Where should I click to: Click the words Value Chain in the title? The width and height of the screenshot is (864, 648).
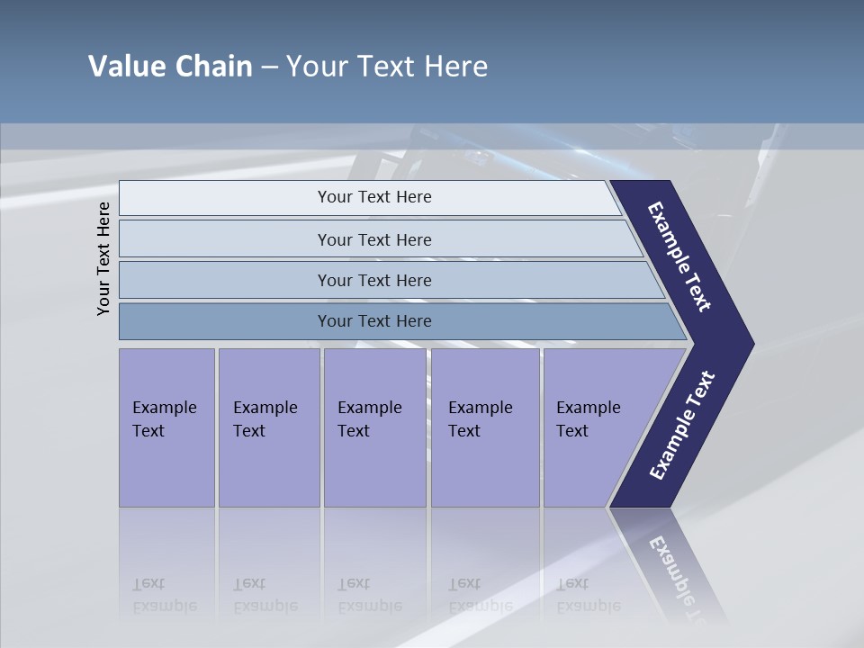[170, 67]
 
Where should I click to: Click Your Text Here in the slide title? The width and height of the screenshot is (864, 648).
[387, 67]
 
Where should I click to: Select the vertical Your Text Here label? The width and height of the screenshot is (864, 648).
[103, 258]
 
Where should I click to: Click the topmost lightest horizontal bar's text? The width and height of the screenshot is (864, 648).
[374, 197]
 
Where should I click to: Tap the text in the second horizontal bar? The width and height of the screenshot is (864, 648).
[374, 240]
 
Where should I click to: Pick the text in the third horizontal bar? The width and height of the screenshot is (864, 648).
[374, 281]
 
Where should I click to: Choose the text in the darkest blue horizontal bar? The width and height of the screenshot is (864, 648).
[374, 321]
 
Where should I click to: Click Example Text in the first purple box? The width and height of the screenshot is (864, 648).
[164, 419]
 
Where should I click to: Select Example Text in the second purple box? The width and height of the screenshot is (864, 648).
[265, 419]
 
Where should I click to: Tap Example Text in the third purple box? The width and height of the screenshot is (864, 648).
[369, 419]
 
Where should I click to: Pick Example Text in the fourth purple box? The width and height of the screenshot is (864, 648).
[480, 419]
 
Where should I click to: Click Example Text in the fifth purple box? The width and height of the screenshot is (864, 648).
[588, 419]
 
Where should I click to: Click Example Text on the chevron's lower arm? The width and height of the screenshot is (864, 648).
[682, 426]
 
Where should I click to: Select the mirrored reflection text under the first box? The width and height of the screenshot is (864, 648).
[164, 596]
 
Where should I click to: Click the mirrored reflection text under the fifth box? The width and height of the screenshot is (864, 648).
[588, 596]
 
